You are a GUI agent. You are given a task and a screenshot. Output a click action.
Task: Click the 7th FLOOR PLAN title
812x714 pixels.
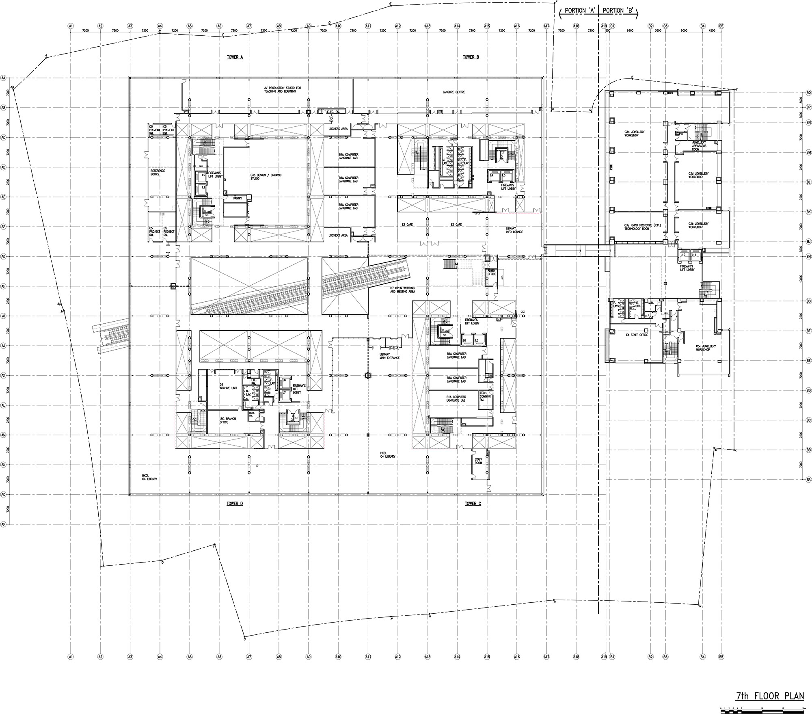770,696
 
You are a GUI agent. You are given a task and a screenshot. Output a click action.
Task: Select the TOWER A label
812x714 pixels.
235,57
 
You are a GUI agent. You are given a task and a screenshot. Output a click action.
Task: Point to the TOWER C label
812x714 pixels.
473,504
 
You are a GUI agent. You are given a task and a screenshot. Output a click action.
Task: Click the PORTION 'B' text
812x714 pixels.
618,11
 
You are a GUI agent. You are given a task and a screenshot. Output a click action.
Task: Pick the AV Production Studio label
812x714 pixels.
283,89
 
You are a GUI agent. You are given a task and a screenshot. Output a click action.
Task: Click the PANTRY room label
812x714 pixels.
238,198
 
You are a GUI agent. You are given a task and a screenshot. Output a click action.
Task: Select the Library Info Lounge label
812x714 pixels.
511,230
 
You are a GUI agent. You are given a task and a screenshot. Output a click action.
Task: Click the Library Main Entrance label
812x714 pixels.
390,356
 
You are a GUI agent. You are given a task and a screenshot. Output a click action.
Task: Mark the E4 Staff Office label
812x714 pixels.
637,335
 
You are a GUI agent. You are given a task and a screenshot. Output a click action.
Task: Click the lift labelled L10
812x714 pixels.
683,255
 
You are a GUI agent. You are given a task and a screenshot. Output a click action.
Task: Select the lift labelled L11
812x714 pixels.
694,255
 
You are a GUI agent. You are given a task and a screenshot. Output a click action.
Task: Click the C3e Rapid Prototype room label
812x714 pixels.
637,227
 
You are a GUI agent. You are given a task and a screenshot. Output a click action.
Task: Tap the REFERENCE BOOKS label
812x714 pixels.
158,172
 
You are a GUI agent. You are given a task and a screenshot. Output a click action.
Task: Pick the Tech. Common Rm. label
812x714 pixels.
485,396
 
